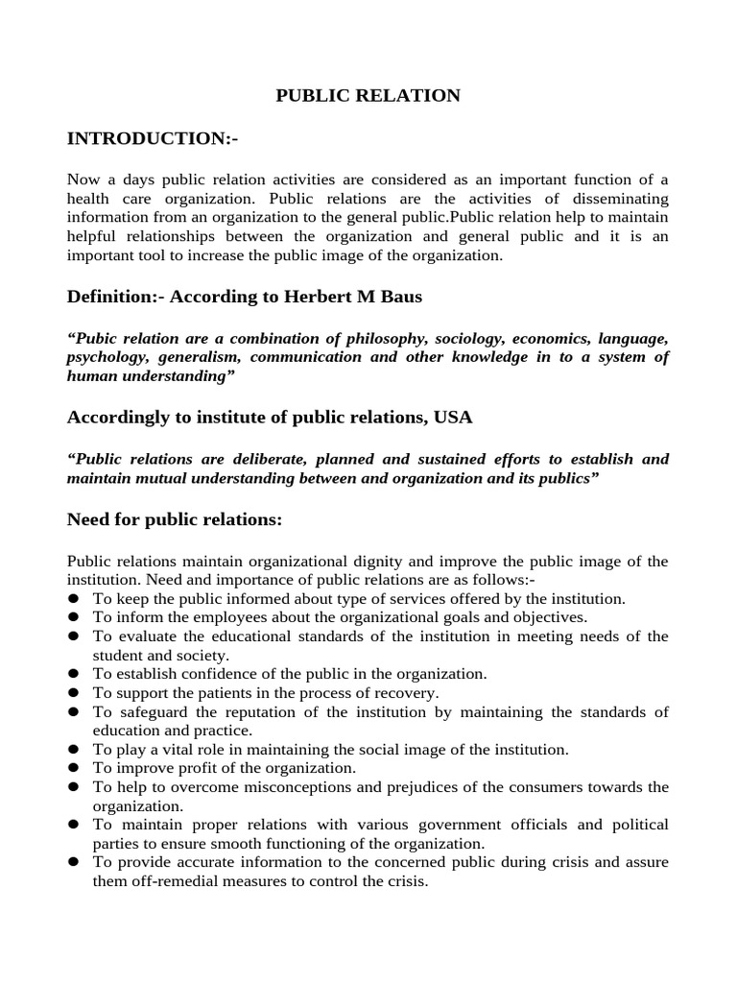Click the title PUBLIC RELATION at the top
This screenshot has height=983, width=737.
[x=368, y=95]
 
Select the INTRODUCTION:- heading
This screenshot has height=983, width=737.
[x=152, y=139]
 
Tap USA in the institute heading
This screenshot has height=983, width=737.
[x=452, y=418]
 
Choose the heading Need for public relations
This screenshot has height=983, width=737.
[x=175, y=519]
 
